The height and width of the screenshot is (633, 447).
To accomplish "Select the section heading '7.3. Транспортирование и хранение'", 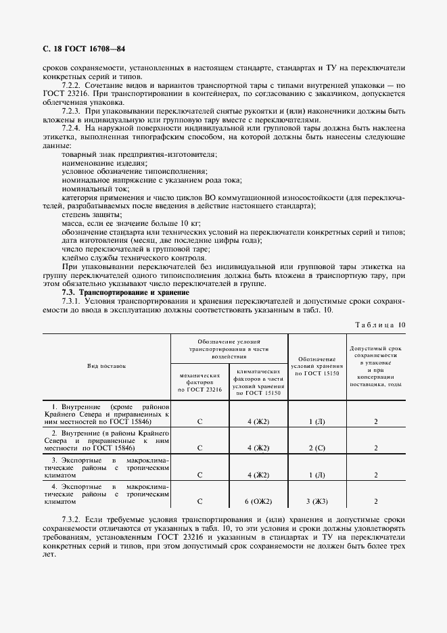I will pos(116,292).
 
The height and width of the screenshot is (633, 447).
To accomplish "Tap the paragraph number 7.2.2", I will pos(72,86).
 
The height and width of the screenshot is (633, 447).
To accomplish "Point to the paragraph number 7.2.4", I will pos(72,127).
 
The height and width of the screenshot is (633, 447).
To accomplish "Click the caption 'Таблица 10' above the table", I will pos(381,325).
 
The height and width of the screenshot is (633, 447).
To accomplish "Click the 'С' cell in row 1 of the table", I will pos(199,421).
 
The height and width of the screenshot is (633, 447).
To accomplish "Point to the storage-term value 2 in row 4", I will pos(376,502).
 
